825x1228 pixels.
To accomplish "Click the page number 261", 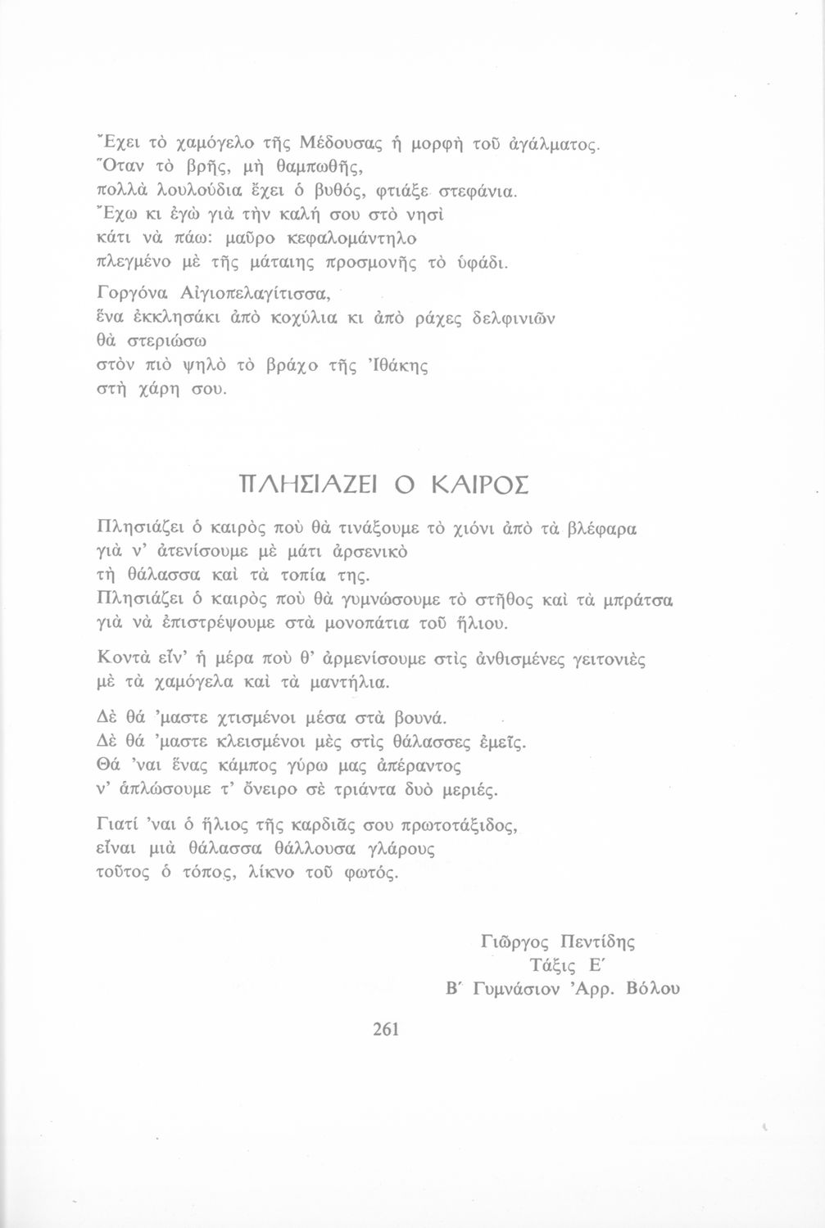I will click(385, 1029).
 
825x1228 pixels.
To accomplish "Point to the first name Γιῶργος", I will click(514, 942).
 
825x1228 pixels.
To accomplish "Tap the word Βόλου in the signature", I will click(652, 989).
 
